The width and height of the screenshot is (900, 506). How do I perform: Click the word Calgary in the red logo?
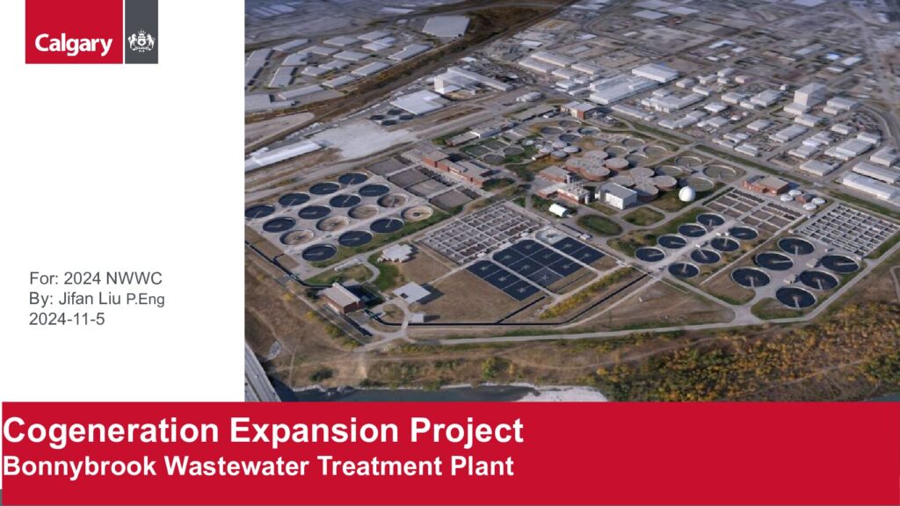[x=74, y=44]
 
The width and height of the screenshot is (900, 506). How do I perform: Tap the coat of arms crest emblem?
[x=142, y=42]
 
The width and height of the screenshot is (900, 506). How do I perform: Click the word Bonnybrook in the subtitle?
[x=79, y=466]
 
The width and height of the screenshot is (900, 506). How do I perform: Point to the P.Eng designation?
[x=145, y=300]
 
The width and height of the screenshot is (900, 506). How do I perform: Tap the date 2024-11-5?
[x=67, y=320]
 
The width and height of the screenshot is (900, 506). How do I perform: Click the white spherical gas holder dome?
[x=687, y=194]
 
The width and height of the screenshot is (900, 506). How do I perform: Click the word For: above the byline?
[x=44, y=278]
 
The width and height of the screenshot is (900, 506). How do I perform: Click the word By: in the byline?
[x=41, y=299]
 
